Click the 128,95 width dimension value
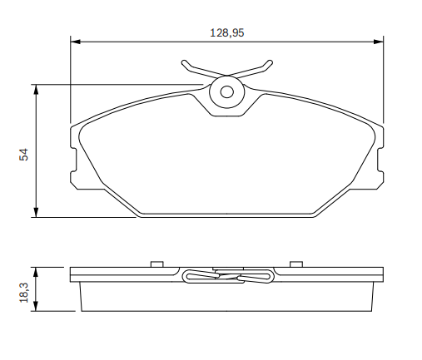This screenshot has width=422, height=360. click(226, 32)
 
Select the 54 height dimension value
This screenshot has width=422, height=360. click(24, 155)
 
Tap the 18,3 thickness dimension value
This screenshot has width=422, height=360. click(24, 293)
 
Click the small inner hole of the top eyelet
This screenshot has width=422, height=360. click(227, 91)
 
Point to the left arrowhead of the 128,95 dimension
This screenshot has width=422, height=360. click(76, 42)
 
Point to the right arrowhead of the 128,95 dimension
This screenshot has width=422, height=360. click(379, 42)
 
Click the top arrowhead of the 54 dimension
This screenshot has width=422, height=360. click(36, 89)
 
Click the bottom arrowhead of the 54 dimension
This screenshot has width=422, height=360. click(36, 212)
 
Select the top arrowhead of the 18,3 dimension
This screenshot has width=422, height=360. click(36, 272)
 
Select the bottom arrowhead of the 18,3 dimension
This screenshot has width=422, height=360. click(36, 306)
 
